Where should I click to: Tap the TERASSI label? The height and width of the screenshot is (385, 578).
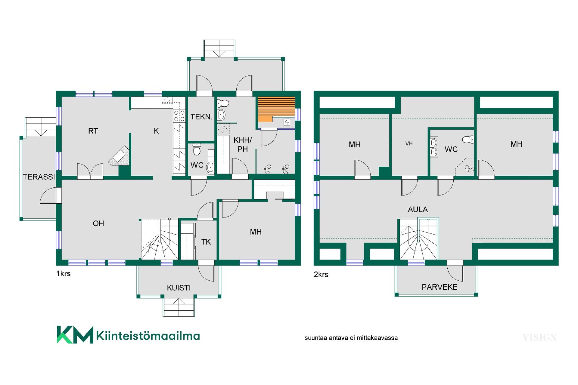(x=39, y=177)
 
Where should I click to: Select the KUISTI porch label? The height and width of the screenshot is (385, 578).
(x=179, y=288)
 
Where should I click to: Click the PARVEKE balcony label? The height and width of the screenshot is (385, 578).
(x=440, y=287)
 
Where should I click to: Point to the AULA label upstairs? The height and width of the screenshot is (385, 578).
(x=418, y=209)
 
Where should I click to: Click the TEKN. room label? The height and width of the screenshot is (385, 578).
(x=201, y=117)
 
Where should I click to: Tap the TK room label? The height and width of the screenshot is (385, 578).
(x=206, y=242)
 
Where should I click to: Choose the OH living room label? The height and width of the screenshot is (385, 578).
(x=98, y=223)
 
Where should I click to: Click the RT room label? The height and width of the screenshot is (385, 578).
(x=93, y=131)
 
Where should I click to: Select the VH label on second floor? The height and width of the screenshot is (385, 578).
(x=409, y=143)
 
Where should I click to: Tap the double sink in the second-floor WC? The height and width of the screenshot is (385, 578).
(x=434, y=147)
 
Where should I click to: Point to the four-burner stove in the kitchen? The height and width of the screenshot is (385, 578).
(x=179, y=116)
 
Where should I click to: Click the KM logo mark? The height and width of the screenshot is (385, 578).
(x=75, y=334)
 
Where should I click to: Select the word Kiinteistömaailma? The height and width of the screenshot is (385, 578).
(x=148, y=335)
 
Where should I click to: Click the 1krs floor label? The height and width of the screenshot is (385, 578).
(x=63, y=273)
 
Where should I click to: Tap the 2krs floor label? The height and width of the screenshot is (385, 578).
(x=321, y=274)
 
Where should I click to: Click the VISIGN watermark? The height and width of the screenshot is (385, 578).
(x=539, y=338)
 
